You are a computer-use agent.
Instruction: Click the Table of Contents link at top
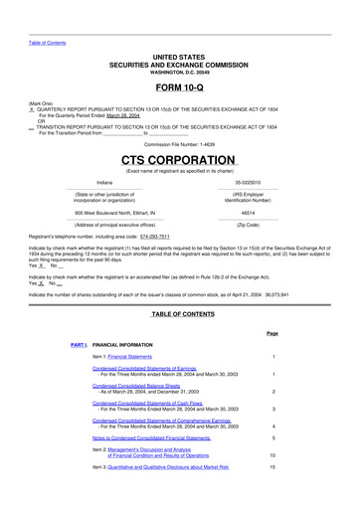tap(47, 43)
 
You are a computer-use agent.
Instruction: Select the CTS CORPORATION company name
tap(179, 160)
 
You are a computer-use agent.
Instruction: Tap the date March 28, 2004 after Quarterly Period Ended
tap(117, 115)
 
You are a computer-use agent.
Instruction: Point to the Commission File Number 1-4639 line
tap(179, 144)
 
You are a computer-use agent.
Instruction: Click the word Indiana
tap(104, 183)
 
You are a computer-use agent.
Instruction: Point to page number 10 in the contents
tap(271, 454)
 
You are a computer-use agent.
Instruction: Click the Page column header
tap(271, 332)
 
